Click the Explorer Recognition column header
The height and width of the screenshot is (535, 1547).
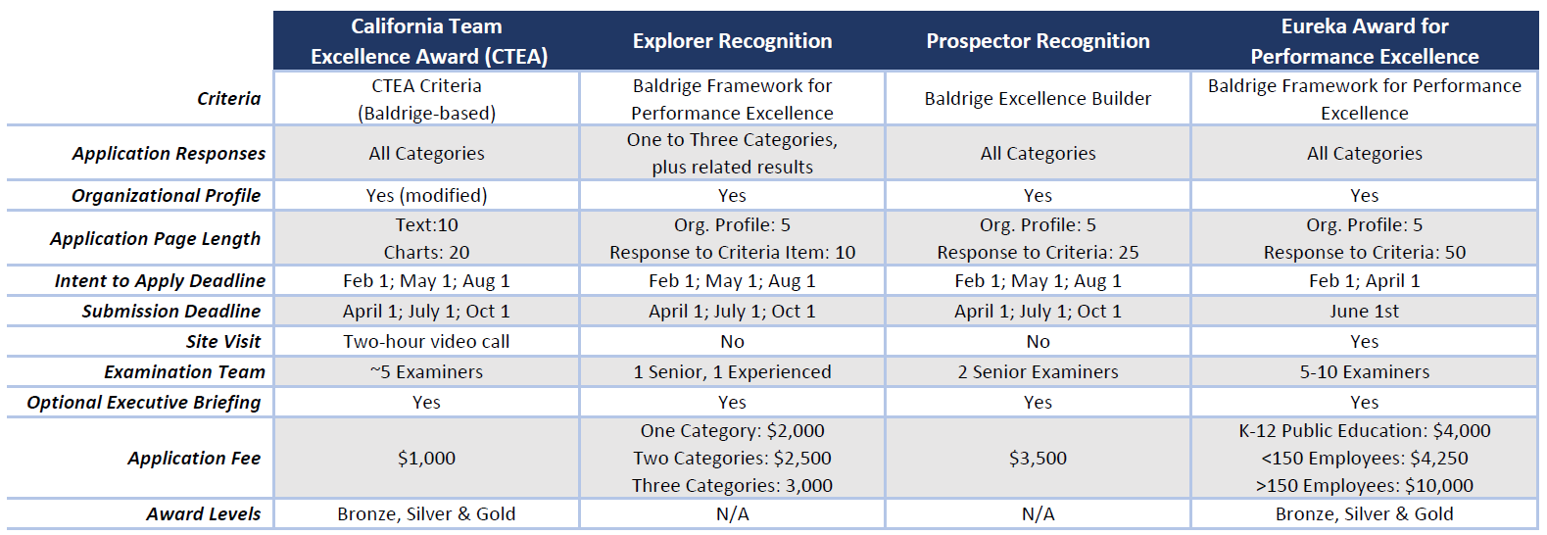(x=732, y=41)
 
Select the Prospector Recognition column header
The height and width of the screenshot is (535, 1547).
(x=1038, y=41)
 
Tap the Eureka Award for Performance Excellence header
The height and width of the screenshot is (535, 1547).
(x=1364, y=41)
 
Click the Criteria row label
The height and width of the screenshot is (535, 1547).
(x=228, y=99)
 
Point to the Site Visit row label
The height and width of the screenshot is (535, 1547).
(x=223, y=342)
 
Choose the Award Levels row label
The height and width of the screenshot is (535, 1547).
(x=204, y=514)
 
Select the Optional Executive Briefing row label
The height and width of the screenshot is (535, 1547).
(x=144, y=403)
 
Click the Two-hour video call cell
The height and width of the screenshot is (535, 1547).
(x=426, y=342)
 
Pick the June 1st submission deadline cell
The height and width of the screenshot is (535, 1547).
(x=1364, y=312)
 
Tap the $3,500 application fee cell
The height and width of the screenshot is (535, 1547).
(x=1038, y=459)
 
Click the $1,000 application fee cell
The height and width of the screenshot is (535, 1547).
(x=426, y=459)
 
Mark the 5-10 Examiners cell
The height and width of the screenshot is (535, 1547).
(x=1364, y=372)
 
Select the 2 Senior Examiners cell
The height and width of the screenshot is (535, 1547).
(x=1038, y=372)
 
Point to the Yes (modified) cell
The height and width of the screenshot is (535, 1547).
(x=426, y=196)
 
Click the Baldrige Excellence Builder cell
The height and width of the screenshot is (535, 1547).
(x=1038, y=99)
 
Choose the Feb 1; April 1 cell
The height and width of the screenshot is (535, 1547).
(x=1364, y=281)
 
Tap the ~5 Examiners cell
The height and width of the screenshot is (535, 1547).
(x=426, y=372)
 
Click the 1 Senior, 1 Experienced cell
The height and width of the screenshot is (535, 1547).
(x=732, y=372)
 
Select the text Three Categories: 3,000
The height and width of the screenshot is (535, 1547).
(x=732, y=486)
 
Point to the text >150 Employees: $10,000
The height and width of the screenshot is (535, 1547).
(x=1364, y=486)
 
